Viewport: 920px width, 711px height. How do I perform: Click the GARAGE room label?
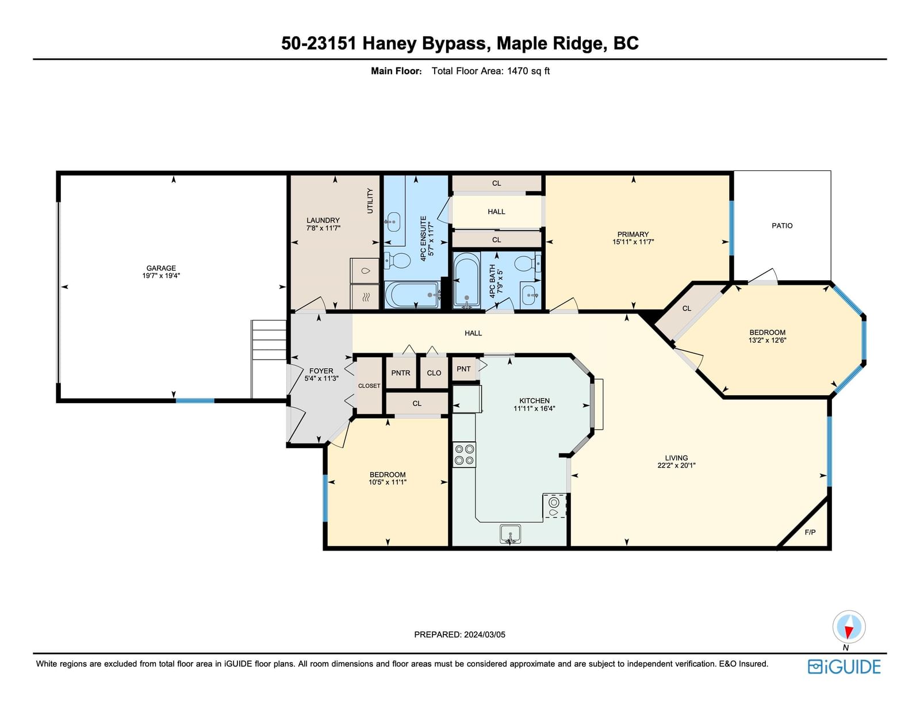click(161, 267)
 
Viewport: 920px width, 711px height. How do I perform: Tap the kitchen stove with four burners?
click(464, 454)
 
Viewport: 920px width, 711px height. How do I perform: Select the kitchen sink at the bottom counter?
click(510, 533)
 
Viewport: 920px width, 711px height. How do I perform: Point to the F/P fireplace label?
click(810, 532)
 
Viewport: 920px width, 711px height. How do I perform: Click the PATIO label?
click(782, 225)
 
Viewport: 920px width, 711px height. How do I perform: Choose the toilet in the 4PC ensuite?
click(397, 261)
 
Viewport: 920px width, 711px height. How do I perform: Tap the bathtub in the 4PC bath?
click(466, 280)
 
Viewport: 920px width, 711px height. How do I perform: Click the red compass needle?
click(849, 632)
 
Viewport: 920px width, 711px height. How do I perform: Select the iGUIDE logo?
click(844, 667)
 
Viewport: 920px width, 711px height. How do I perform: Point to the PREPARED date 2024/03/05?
click(484, 634)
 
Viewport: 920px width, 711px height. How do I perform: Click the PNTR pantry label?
click(401, 373)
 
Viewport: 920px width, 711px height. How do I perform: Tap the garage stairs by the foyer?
click(269, 339)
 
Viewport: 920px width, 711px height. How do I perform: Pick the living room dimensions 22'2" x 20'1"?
click(676, 465)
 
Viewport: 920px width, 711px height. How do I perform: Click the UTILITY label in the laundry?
click(370, 201)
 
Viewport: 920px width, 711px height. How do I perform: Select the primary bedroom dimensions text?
click(633, 242)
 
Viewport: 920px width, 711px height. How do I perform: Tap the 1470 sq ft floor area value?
click(528, 71)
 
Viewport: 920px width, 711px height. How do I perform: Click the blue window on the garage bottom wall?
click(195, 400)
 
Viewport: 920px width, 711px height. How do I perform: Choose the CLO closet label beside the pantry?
click(434, 373)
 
